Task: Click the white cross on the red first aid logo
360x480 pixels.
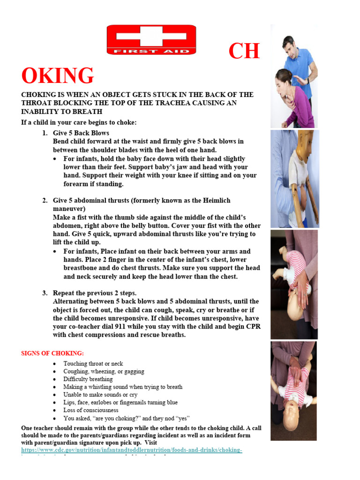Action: tap(151, 36)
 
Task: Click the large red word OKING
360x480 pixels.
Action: tap(58, 76)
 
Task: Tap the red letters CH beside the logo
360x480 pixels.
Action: tap(244, 51)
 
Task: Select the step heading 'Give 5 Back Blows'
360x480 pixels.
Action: tap(81, 133)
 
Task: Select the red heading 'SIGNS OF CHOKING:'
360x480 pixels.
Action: tap(52, 353)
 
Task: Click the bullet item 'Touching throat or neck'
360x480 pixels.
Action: tap(93, 364)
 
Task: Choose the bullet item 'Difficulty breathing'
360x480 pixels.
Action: tap(88, 379)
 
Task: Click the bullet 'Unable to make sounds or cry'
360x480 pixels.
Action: tap(100, 395)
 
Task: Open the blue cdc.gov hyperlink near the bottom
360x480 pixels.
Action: tap(132, 450)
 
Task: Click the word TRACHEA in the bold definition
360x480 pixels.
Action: tap(167, 103)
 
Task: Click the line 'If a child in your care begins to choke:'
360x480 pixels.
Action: tap(79, 123)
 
